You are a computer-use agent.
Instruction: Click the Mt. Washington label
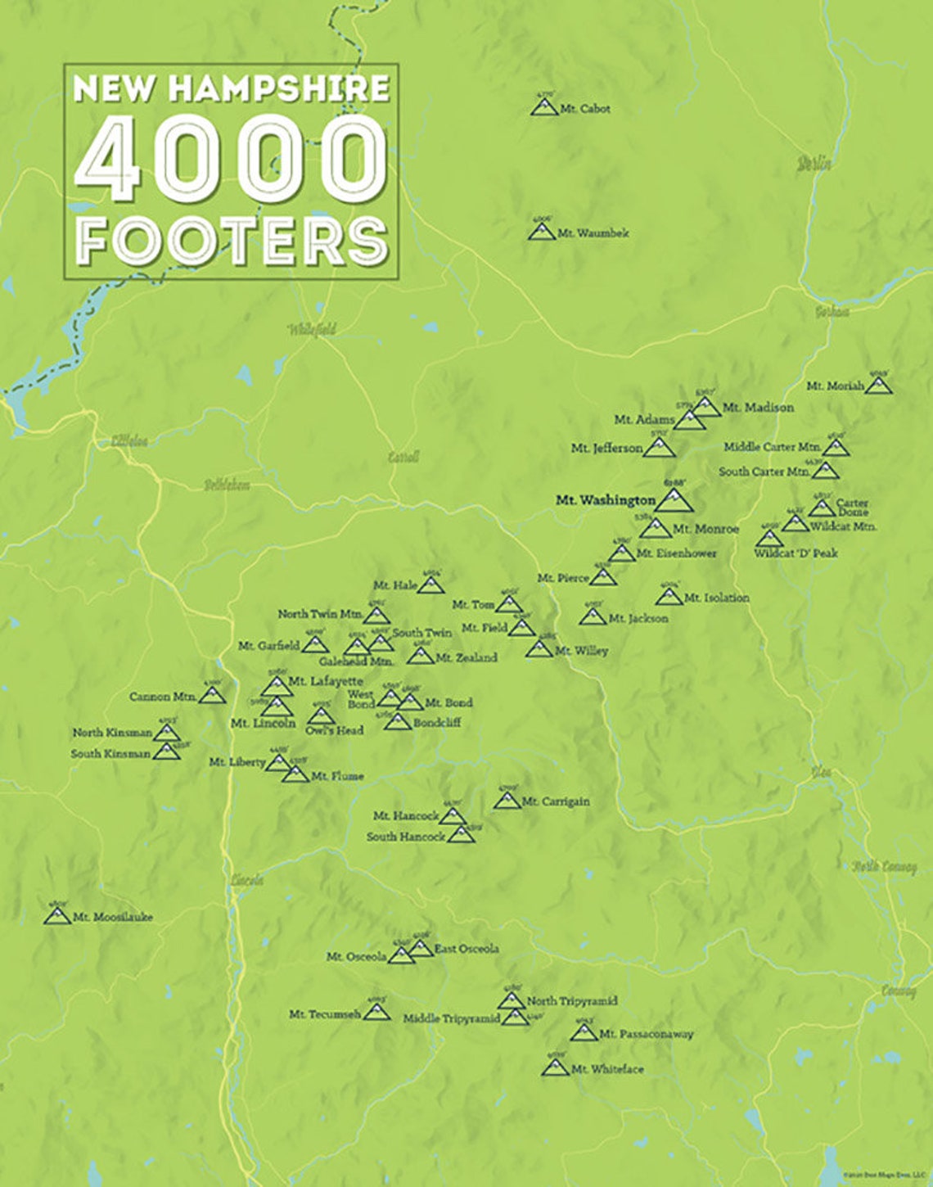[x=605, y=500]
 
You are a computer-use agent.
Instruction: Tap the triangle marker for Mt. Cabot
[x=543, y=106]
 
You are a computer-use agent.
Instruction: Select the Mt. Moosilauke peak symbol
[x=57, y=915]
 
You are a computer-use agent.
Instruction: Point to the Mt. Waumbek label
[x=593, y=233]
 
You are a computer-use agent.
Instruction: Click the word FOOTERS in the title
[x=232, y=241]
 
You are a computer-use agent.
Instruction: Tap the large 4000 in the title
[x=230, y=159]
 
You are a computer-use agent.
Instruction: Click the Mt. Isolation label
[x=716, y=598]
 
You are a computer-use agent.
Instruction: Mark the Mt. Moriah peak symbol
[x=878, y=385]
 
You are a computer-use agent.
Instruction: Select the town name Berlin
[x=814, y=163]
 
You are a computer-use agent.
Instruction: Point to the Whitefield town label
[x=312, y=330]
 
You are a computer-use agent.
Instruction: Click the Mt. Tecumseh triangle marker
[x=376, y=1011]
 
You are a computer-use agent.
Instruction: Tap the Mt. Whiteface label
[x=607, y=1069]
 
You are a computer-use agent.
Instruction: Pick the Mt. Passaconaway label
[x=646, y=1034]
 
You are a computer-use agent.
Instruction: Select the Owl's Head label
[x=334, y=730]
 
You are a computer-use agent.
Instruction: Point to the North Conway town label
[x=884, y=867]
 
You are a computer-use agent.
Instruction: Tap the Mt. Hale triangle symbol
[x=430, y=584]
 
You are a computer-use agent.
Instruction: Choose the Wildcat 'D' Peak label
[x=796, y=553]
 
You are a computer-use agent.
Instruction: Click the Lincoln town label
[x=247, y=880]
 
